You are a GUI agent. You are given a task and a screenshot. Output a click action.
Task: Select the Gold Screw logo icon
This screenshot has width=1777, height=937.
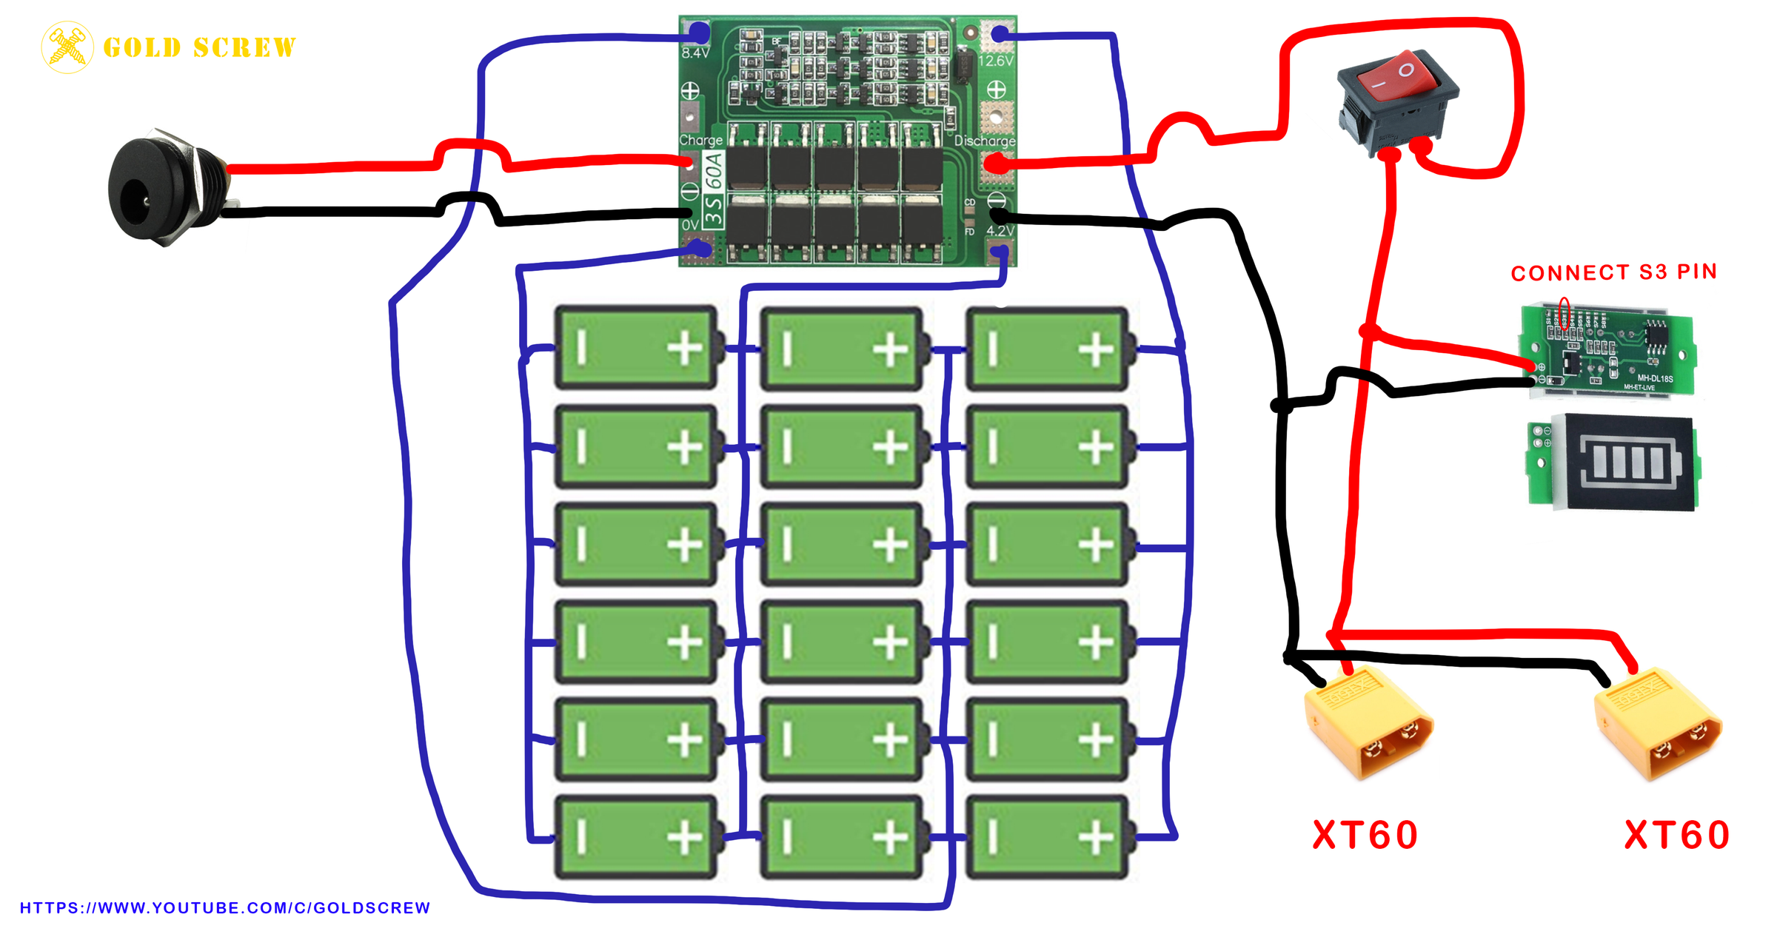67,47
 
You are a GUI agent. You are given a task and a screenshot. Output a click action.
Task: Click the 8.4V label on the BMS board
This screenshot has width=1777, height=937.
695,53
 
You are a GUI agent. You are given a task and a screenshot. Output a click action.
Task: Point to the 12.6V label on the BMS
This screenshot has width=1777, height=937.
995,61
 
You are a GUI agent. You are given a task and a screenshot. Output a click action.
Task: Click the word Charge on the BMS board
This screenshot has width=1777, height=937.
700,140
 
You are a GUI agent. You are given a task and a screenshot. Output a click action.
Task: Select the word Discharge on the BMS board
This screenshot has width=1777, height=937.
985,141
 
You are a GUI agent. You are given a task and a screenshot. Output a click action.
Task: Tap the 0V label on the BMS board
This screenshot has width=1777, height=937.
690,224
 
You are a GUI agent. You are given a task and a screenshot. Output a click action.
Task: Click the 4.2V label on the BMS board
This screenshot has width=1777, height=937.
1000,231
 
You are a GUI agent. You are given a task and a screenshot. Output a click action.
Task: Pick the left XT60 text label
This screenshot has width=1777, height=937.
1365,835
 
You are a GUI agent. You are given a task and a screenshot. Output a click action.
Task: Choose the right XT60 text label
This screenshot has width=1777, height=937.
1676,835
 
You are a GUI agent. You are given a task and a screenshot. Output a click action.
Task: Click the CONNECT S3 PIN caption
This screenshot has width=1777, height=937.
1613,272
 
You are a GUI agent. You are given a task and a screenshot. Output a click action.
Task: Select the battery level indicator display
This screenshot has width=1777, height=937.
1614,463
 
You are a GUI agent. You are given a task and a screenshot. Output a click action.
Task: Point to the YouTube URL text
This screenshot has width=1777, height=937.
224,908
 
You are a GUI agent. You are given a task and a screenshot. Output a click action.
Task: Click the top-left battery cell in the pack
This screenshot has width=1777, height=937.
636,348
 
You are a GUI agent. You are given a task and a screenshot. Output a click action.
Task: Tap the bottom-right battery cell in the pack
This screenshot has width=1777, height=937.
1047,838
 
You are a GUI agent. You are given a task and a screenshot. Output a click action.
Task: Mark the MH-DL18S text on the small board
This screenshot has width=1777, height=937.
1655,378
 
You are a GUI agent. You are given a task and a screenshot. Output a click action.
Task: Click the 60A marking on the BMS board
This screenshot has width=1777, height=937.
713,170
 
